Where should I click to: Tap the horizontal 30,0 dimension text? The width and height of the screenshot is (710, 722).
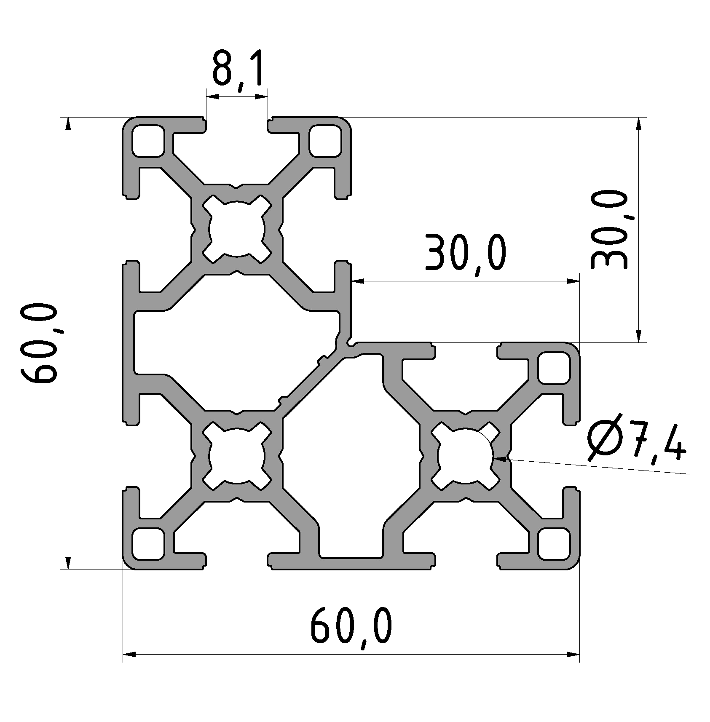465,257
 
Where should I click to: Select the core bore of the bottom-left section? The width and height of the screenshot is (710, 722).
237,456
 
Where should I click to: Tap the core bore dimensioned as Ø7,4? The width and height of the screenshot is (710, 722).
465,456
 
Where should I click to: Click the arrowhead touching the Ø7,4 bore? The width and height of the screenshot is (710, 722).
500,459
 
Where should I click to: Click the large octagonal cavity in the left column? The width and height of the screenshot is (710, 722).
236,342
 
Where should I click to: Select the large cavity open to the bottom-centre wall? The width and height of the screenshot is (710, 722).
351,463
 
